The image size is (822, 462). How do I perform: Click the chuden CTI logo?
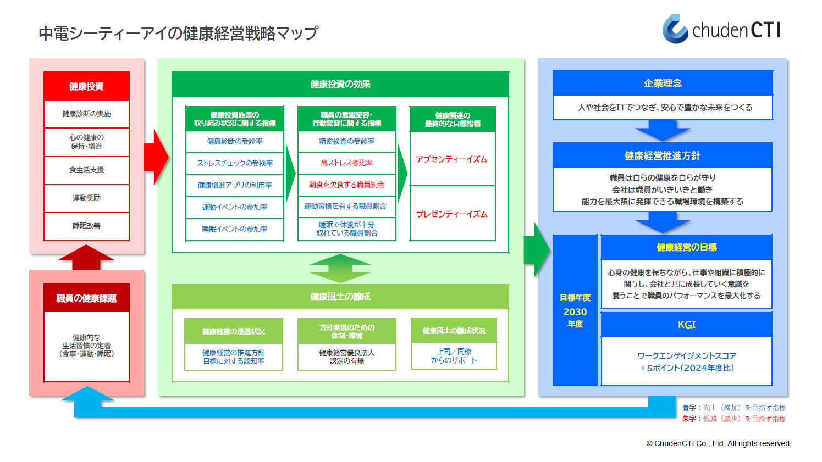click(721, 29)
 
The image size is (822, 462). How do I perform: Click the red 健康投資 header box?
click(86, 86)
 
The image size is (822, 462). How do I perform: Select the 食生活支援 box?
click(86, 170)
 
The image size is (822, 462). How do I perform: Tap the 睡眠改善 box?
click(86, 226)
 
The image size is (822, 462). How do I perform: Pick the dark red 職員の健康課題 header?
click(86, 298)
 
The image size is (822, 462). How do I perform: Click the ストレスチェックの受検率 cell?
click(235, 163)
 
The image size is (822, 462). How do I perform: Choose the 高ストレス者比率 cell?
click(346, 163)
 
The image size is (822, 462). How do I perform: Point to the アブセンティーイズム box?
click(452, 159)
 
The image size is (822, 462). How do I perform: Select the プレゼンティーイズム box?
click(452, 214)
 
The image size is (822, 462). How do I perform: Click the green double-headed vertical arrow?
click(340, 269)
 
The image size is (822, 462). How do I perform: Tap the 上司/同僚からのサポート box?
click(454, 356)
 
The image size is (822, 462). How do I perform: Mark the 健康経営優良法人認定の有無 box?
click(346, 357)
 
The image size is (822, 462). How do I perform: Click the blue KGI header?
click(686, 325)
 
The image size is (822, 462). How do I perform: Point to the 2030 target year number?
click(575, 311)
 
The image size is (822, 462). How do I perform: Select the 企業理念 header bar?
click(663, 84)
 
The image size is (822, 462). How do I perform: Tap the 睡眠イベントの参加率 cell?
click(235, 229)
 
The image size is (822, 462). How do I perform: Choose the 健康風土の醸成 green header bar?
click(340, 297)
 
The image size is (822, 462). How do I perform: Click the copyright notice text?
click(719, 443)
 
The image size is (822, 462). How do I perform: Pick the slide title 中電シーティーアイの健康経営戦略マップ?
click(178, 34)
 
